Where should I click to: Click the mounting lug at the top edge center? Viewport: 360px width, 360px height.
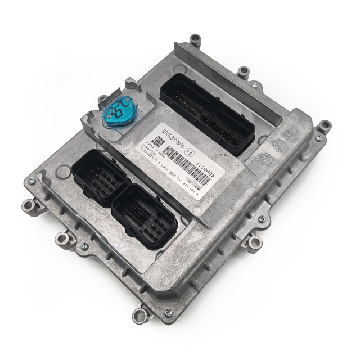(244, 71)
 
